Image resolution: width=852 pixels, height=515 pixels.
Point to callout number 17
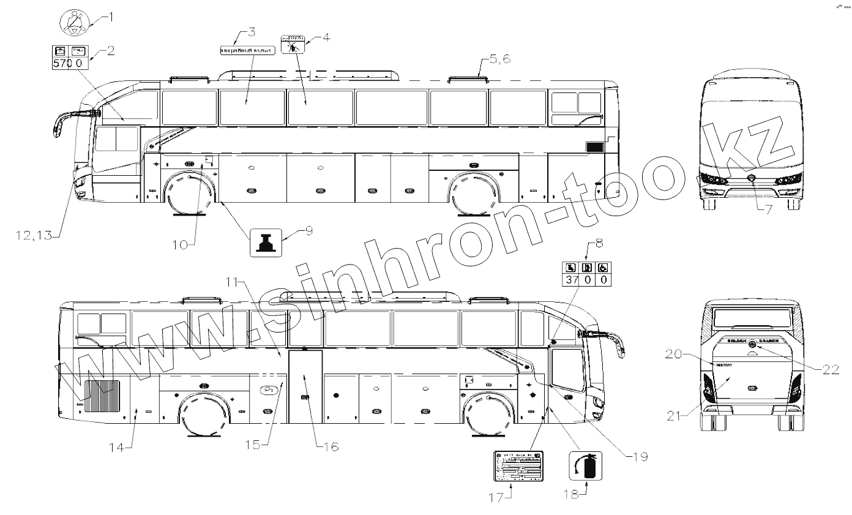497,497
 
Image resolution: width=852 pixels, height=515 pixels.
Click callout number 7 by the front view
768,209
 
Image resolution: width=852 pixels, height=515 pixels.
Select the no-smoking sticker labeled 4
291,45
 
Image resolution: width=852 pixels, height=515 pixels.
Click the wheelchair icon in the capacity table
603,267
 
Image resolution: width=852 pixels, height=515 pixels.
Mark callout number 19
640,456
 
